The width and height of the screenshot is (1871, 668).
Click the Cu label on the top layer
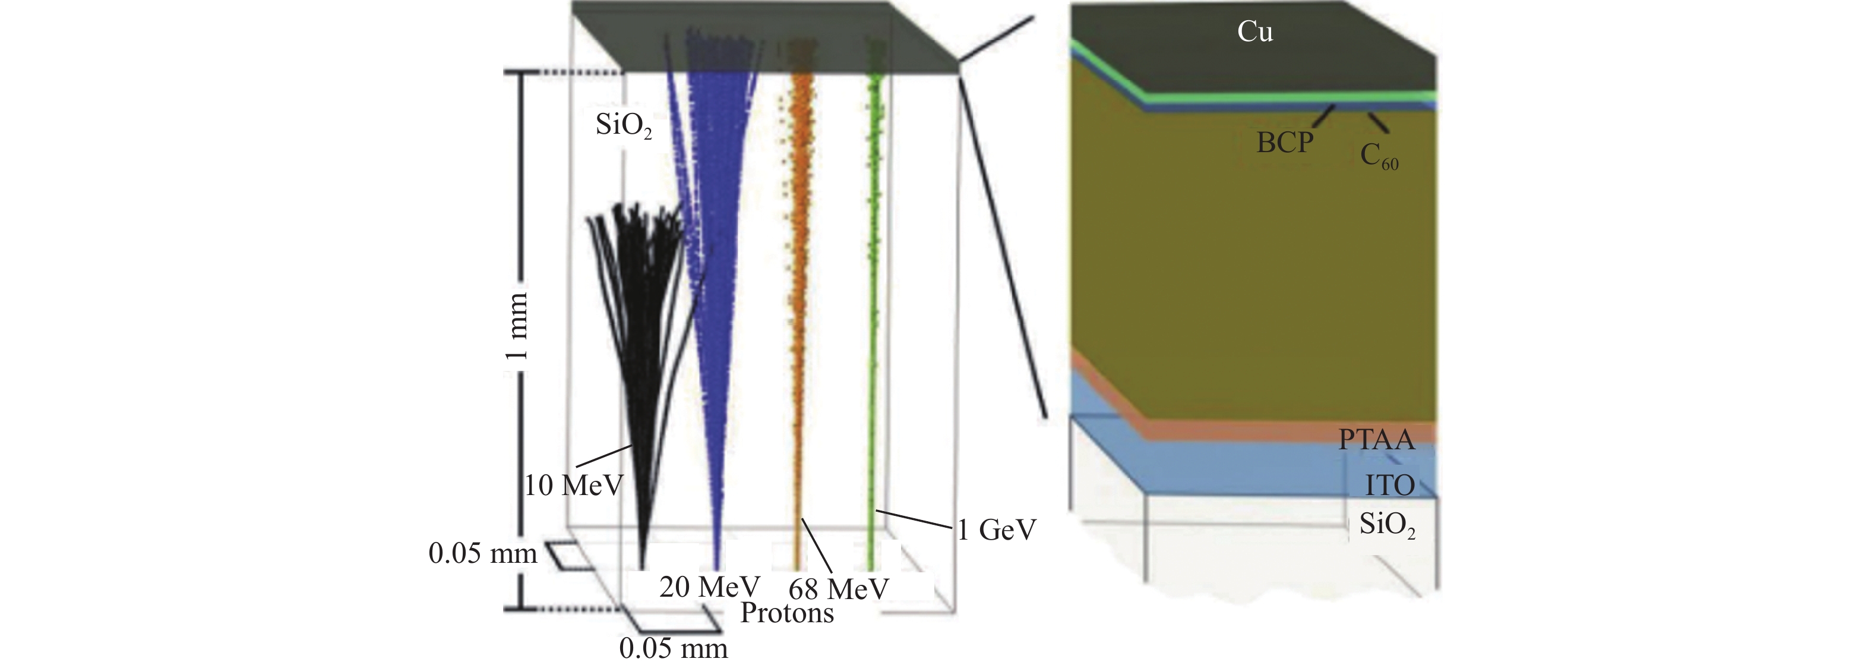click(x=1254, y=32)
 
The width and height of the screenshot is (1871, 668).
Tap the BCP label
click(x=1285, y=143)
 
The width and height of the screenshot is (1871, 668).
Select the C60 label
click(x=1378, y=156)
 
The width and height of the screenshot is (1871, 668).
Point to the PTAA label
click(x=1376, y=440)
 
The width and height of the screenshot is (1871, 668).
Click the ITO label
click(x=1389, y=485)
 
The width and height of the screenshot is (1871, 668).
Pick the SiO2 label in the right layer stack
click(x=1386, y=525)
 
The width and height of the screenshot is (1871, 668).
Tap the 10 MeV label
click(x=574, y=485)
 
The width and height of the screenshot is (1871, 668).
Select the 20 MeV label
click(x=709, y=587)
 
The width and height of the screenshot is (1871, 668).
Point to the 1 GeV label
click(x=995, y=530)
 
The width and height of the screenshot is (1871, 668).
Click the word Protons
click(x=786, y=613)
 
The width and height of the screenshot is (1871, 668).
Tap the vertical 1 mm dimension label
click(x=516, y=325)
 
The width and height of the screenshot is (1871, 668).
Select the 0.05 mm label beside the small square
click(x=482, y=553)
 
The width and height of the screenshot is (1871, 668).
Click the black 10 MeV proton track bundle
click(x=639, y=327)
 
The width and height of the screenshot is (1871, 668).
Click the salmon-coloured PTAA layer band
click(x=1271, y=429)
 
